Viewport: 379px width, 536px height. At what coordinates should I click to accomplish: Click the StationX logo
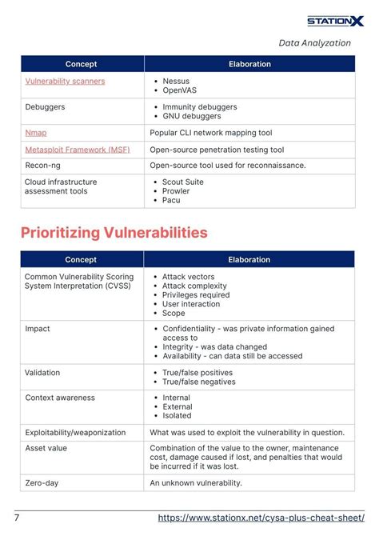click(x=335, y=22)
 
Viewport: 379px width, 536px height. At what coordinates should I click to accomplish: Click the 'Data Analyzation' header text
click(x=314, y=43)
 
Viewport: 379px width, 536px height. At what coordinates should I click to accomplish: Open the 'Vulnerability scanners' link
click(x=65, y=82)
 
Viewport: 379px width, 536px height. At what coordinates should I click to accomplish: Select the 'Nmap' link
click(x=35, y=132)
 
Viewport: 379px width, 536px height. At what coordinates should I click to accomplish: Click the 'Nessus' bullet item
click(x=176, y=82)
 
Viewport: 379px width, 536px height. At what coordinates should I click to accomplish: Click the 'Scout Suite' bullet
click(x=183, y=182)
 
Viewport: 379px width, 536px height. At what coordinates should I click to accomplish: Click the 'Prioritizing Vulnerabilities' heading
click(x=114, y=233)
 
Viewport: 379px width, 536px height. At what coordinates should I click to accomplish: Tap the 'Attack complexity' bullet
click(x=194, y=286)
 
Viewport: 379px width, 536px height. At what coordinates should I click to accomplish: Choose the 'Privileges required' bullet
click(x=196, y=295)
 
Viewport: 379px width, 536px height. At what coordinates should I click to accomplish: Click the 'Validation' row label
click(x=42, y=373)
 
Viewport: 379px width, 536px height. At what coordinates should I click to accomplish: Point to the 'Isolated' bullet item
click(x=177, y=415)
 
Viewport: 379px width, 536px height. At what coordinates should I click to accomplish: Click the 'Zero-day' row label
click(x=42, y=483)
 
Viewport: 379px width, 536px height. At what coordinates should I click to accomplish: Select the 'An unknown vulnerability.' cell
click(x=195, y=483)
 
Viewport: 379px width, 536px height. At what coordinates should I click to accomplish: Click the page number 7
click(x=17, y=518)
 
